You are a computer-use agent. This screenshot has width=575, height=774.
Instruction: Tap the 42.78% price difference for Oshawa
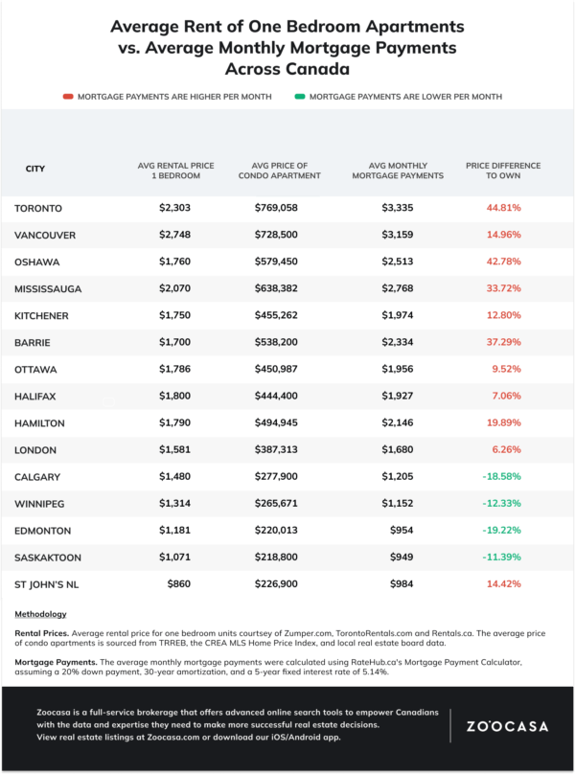[502, 262]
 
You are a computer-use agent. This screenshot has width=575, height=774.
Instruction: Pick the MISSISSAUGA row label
[49, 288]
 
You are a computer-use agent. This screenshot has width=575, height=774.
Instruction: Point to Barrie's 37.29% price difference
[502, 342]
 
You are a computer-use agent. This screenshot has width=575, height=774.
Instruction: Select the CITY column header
[34, 169]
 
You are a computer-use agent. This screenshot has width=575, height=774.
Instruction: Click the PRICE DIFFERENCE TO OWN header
[502, 171]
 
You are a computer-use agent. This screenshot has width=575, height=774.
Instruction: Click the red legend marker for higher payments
[68, 97]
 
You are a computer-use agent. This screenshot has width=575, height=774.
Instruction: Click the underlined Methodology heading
[40, 614]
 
